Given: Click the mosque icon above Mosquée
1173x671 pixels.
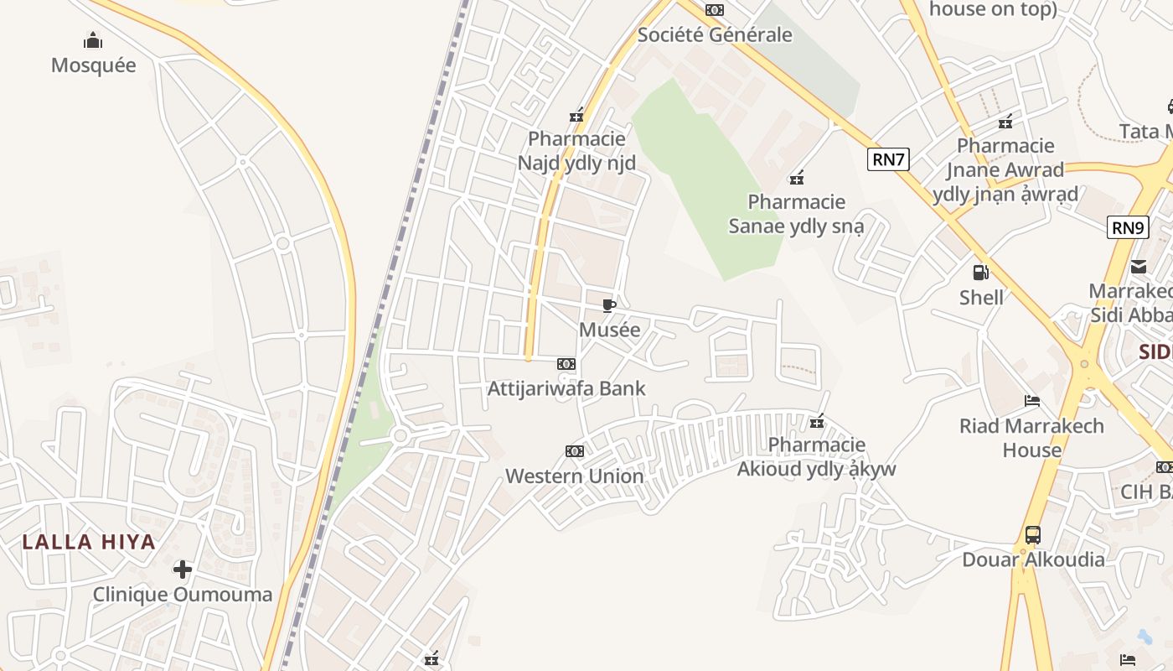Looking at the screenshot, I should coord(93,40).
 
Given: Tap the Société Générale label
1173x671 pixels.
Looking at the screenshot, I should coord(715,35).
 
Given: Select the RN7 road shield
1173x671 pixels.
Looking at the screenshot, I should coord(888,159).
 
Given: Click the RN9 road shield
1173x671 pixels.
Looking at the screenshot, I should coord(1128,227).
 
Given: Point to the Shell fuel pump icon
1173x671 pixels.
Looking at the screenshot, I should coord(980,273).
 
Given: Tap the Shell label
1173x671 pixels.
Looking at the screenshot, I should coord(981,297).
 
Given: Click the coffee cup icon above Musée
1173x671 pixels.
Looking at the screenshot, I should coord(609,305).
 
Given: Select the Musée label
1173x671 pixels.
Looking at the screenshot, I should coord(609,330).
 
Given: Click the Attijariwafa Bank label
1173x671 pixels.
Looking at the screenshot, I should coord(566,388).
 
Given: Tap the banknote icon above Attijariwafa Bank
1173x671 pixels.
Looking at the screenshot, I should coord(566,364).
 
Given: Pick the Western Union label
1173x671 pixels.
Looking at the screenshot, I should coord(574,476).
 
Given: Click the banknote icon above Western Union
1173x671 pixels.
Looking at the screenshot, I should coord(574,451).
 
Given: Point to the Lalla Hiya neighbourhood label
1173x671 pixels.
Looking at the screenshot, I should coord(89,542).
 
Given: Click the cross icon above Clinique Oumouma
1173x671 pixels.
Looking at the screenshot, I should coord(182,570).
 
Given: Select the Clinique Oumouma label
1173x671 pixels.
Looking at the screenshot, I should coord(182,595).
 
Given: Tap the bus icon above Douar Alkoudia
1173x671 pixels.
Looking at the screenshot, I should coord(1033,535).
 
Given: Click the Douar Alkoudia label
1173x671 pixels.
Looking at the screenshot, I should coord(1033,559).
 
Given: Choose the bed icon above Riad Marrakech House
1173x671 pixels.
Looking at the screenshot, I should coord(1032,401).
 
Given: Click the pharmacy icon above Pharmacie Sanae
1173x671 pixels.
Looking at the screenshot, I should coord(797,177).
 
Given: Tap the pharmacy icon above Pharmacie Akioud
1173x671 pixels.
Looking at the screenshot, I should coord(817,420).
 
